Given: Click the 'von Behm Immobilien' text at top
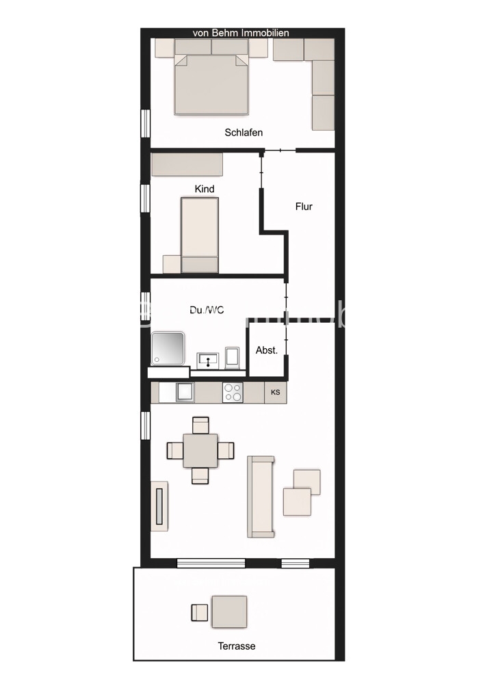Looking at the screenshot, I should click(241, 33).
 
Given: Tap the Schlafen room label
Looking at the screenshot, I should click(244, 133).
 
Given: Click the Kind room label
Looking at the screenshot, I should click(205, 189).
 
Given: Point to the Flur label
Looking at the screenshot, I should click(304, 206).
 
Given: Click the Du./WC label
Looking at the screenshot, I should click(207, 310).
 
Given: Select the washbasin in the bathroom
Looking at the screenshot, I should click(207, 359).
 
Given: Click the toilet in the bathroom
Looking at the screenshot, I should click(233, 357).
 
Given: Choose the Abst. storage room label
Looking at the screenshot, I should click(267, 350).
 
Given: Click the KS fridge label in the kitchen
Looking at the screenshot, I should click(276, 393).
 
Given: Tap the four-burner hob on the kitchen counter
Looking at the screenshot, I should click(233, 393).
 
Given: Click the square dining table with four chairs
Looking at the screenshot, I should click(200, 450).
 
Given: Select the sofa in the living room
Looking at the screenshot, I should click(261, 497).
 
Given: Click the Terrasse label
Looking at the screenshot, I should click(237, 646).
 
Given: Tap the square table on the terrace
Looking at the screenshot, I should click(230, 611).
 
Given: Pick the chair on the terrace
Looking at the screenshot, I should click(199, 611).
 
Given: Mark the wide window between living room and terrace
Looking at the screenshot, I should click(211, 564).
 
